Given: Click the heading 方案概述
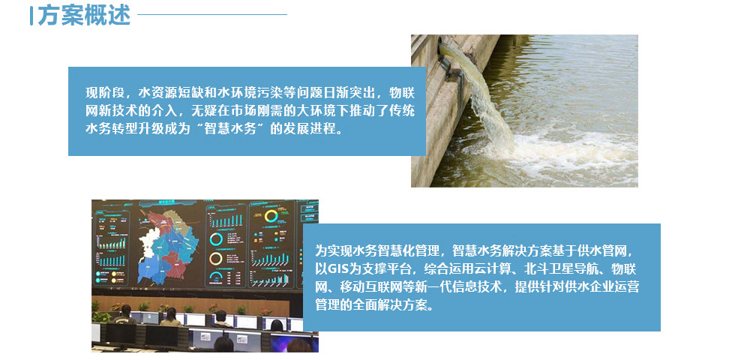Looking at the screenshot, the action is click(84, 15).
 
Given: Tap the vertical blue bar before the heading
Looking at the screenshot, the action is click(31, 16).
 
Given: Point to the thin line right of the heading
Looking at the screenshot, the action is click(212, 14).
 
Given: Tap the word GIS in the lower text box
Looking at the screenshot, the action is click(339, 268).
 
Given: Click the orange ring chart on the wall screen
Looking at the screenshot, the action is click(216, 259).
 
